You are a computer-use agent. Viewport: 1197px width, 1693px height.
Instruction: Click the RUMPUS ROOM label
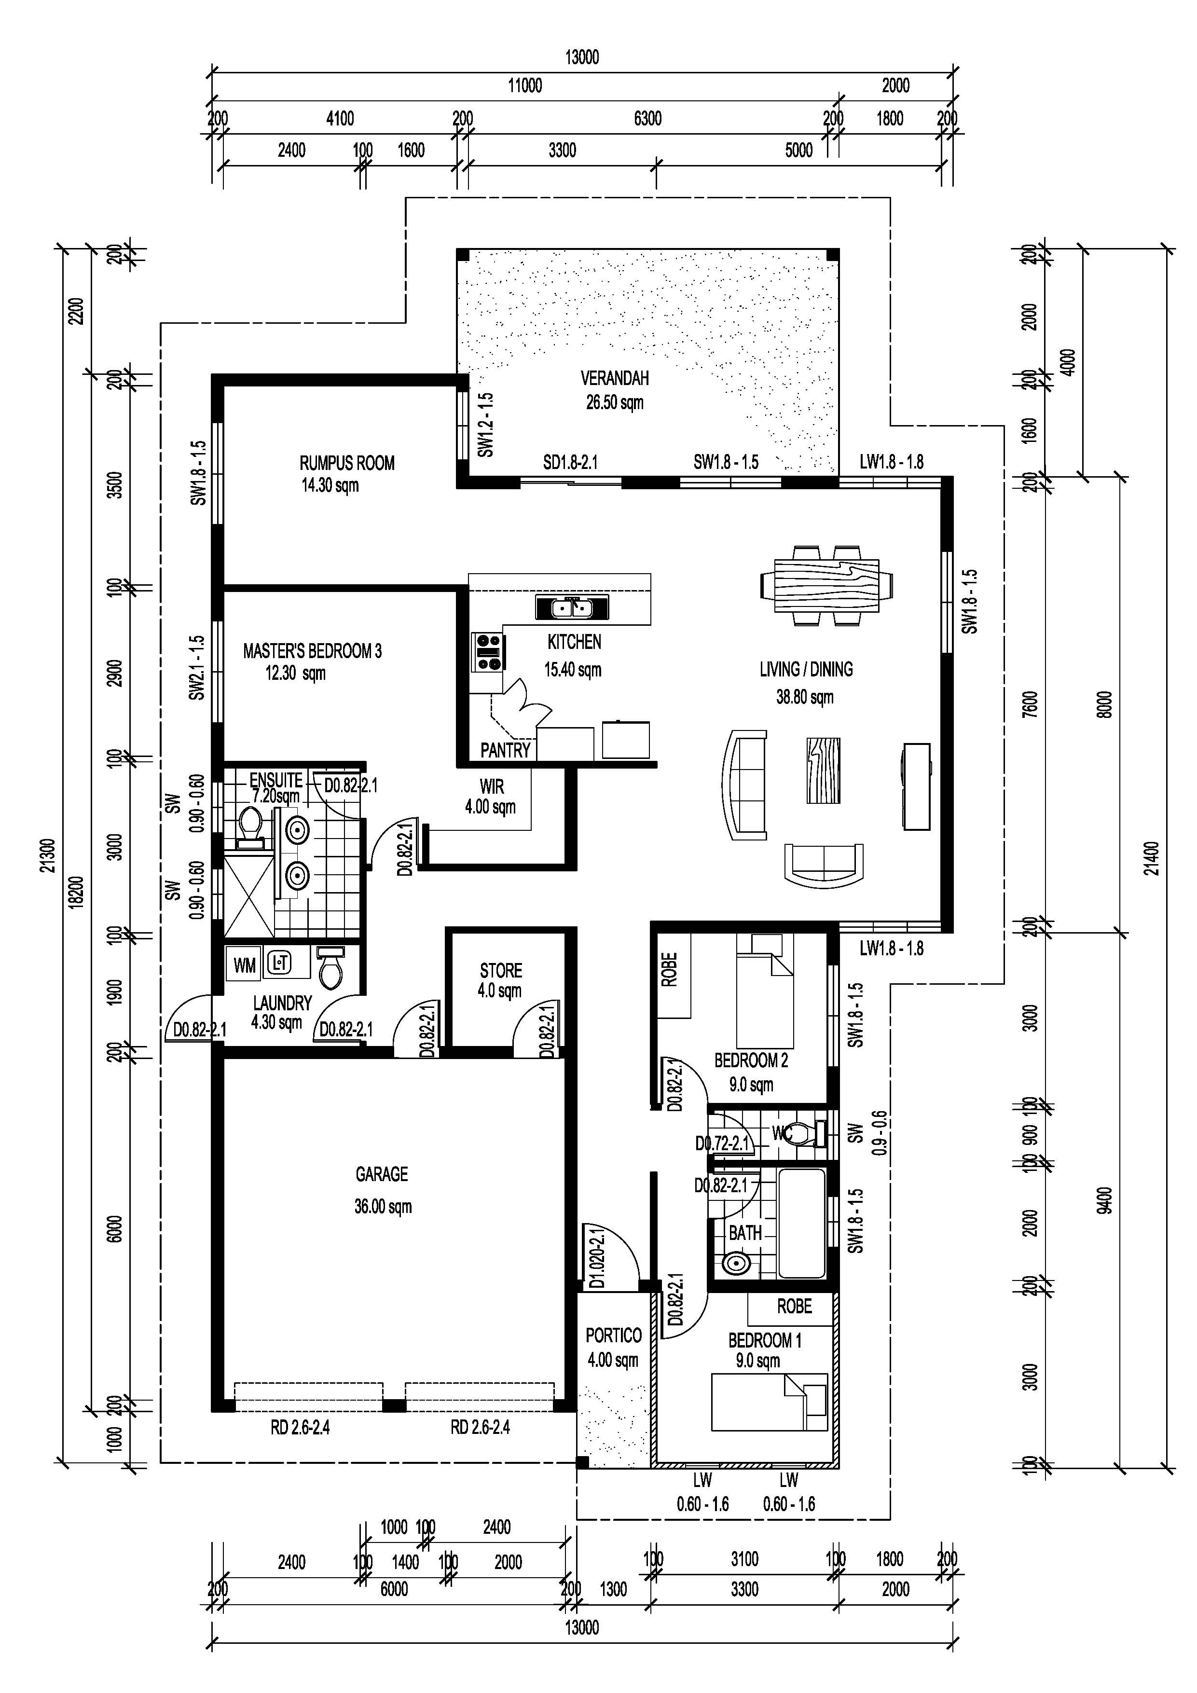[x=346, y=463]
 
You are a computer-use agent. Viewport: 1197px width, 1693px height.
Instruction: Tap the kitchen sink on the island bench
[x=572, y=608]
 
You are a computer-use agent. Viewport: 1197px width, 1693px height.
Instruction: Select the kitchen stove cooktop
[x=487, y=652]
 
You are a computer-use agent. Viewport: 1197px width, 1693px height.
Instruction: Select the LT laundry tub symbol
[x=279, y=962]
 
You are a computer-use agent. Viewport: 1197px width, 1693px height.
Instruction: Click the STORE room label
[x=501, y=970]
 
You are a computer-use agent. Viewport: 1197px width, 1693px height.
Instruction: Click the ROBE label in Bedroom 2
[x=669, y=970]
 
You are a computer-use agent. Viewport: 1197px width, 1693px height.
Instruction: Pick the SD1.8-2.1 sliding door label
[x=570, y=462]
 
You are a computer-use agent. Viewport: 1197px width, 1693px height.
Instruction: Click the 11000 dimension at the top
[x=524, y=85]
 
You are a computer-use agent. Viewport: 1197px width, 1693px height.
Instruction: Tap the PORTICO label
[x=613, y=1335]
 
